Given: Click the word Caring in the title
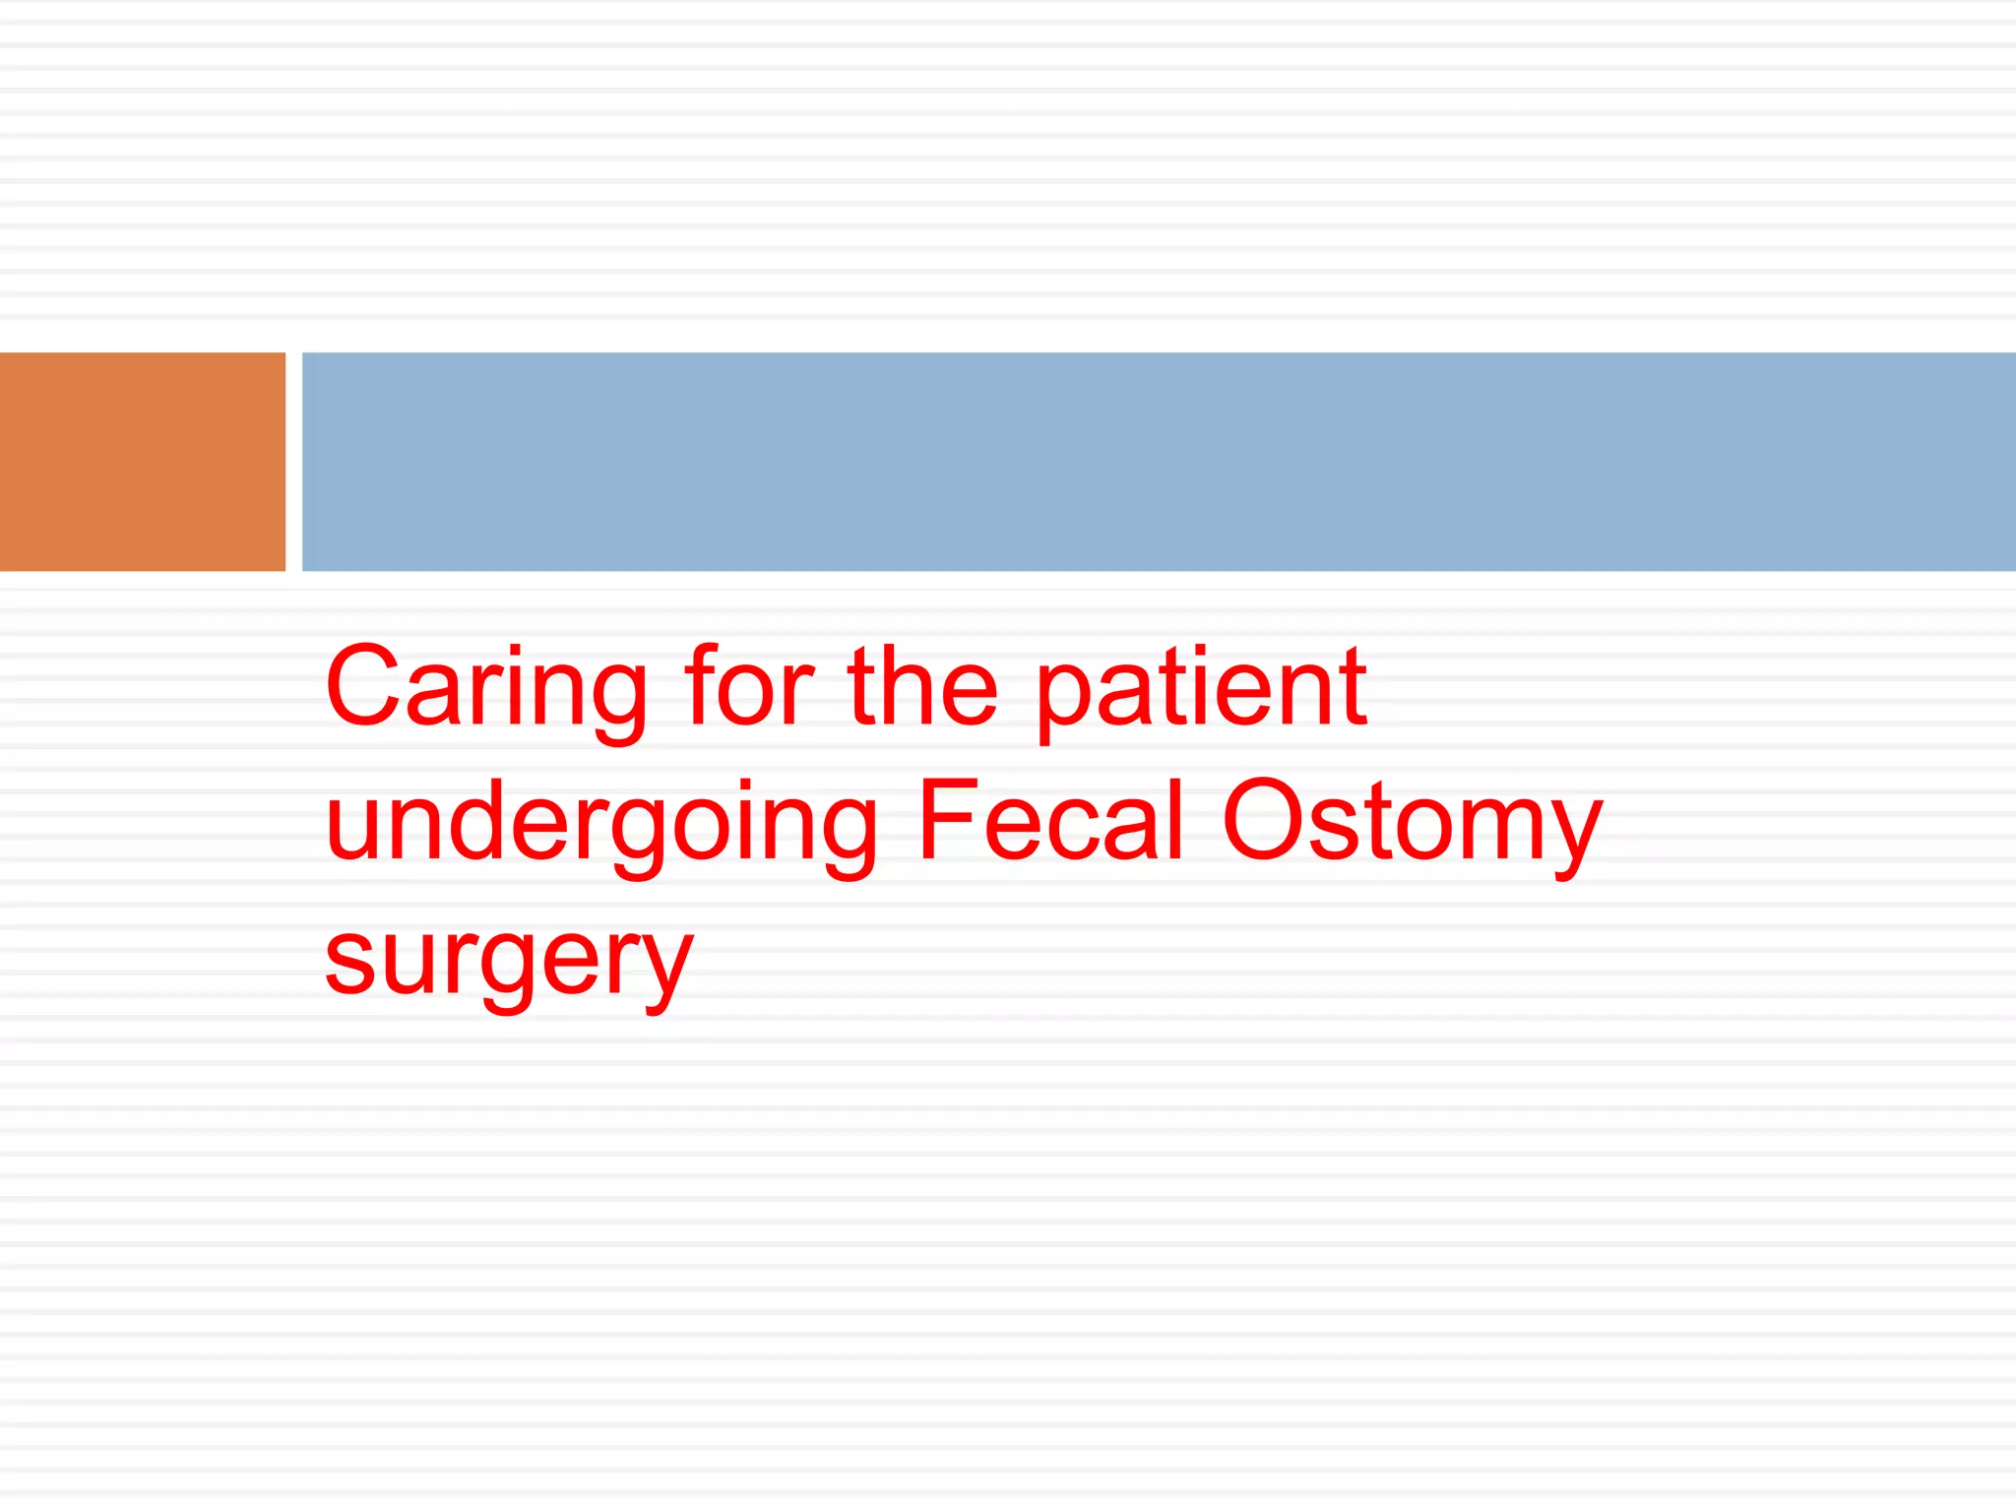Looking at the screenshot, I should coord(486,689).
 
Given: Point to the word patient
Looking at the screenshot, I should coord(1201,689).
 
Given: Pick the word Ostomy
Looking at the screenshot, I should coord(1413,823).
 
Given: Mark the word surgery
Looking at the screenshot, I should coord(509,959).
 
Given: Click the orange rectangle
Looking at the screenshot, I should coord(143,461).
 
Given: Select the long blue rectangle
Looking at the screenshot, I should coord(1159,461).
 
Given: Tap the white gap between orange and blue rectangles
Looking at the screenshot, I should coord(293,461).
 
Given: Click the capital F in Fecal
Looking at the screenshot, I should coord(946,819).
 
